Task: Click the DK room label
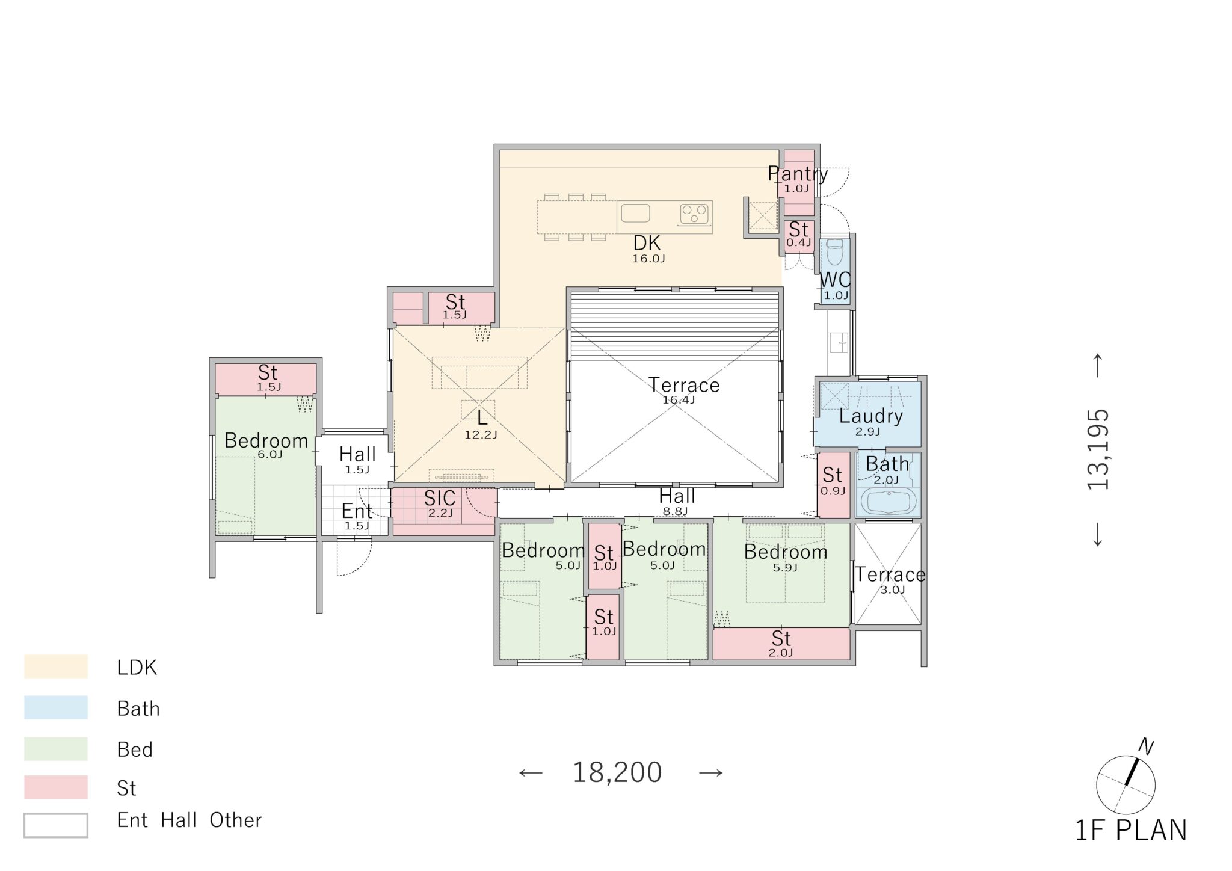[x=647, y=243]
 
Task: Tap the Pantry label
[x=798, y=173]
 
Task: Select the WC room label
[x=835, y=280]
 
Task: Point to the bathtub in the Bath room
[x=887, y=500]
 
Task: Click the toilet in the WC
[x=835, y=252]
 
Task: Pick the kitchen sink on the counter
[x=635, y=213]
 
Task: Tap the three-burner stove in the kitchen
[x=694, y=214]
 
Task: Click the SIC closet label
[x=440, y=498]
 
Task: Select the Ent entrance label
[x=357, y=511]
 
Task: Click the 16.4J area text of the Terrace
[x=679, y=400]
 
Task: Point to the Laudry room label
[x=870, y=416]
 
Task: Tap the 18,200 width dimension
[x=617, y=772]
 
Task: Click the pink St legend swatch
[x=56, y=787]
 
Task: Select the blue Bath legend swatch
[x=56, y=707]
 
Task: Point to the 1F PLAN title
[x=1131, y=831]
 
